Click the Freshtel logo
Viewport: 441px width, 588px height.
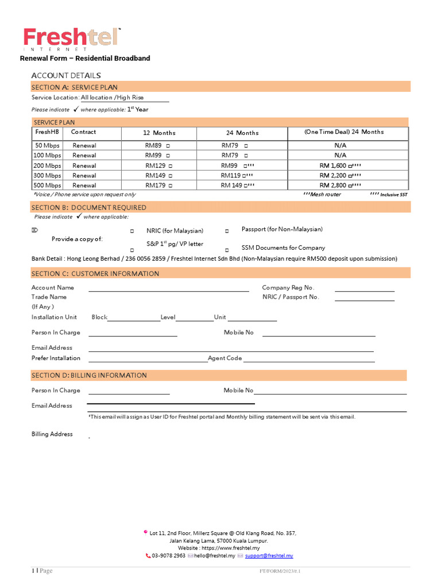pos(72,38)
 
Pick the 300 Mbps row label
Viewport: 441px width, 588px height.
pos(47,176)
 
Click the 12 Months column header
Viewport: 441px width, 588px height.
pos(159,133)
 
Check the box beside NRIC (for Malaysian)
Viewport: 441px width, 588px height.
pos(132,231)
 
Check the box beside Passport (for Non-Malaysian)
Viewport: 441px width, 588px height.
pos(227,231)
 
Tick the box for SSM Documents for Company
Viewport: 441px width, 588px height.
pos(227,250)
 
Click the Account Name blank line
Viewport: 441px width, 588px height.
pos(168,291)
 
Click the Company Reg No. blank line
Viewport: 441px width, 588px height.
pos(365,291)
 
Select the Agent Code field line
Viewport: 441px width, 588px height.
pos(308,361)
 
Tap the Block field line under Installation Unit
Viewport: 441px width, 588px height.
pos(133,320)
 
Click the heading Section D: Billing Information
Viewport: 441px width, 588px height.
pos(89,376)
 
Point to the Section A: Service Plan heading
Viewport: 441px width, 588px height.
pos(75,87)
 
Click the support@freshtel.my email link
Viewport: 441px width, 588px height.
pos(269,556)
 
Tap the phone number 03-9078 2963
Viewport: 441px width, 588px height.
pos(168,556)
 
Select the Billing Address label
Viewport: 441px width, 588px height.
pos(52,435)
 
